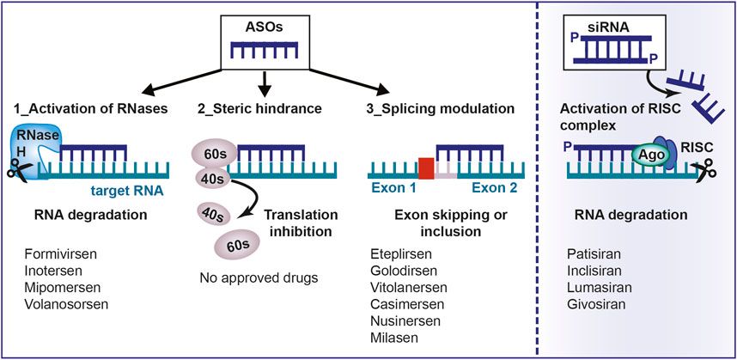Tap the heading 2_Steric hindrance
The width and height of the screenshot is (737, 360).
[259, 109]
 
